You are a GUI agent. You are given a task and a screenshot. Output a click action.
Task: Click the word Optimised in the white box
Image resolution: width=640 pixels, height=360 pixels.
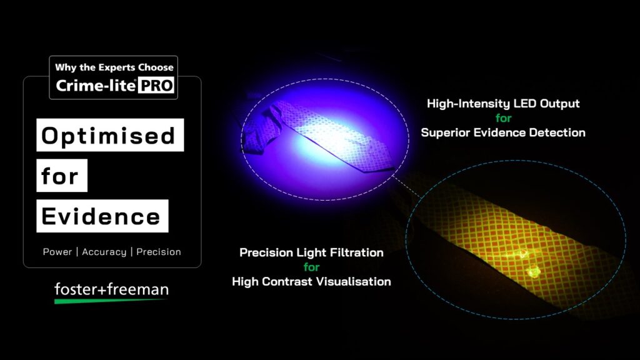[x=108, y=136]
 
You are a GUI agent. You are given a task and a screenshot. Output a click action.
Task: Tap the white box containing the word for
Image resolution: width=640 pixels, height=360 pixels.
[x=62, y=176]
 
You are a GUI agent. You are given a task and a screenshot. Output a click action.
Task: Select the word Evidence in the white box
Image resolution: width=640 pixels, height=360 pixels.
[x=101, y=216]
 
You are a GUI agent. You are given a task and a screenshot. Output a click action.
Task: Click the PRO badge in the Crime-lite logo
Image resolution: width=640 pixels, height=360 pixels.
[x=156, y=85]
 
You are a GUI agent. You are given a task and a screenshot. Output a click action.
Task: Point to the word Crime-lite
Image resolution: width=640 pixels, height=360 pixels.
[x=96, y=85]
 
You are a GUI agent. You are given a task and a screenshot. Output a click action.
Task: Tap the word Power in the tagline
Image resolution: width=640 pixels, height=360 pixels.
[x=57, y=252]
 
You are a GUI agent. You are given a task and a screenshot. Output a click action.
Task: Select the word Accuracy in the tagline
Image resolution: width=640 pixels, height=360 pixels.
[x=104, y=252]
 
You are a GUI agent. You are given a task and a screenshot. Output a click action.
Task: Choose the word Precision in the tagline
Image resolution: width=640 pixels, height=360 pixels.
[x=158, y=252]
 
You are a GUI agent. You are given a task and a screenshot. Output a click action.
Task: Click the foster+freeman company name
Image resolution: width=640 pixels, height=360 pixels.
[x=111, y=289]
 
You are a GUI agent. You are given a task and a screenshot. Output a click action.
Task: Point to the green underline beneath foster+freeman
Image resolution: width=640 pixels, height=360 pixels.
[x=110, y=301]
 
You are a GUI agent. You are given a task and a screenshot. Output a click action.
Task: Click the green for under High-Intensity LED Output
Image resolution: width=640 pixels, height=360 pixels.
[x=503, y=118]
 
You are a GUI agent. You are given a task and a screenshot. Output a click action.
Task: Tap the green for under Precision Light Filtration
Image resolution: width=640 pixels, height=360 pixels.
[x=311, y=267]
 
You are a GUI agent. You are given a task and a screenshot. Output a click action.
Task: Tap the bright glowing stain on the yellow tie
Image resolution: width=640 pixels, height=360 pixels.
[x=532, y=271]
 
